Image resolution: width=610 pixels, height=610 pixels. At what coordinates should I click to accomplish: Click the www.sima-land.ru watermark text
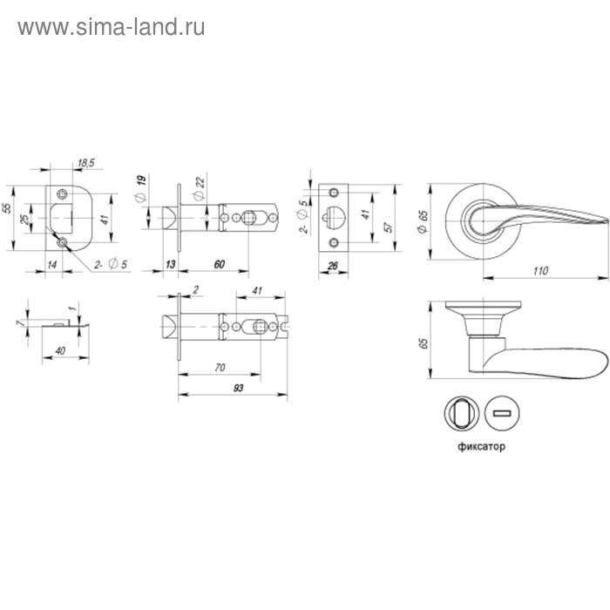(x=112, y=28)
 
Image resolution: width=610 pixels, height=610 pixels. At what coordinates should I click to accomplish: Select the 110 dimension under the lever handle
(x=540, y=271)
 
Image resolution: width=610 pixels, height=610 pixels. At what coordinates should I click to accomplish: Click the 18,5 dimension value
(x=85, y=163)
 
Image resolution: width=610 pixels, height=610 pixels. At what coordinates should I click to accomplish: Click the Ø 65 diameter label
(x=421, y=221)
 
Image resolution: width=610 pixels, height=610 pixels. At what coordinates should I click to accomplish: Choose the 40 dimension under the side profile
(x=59, y=350)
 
